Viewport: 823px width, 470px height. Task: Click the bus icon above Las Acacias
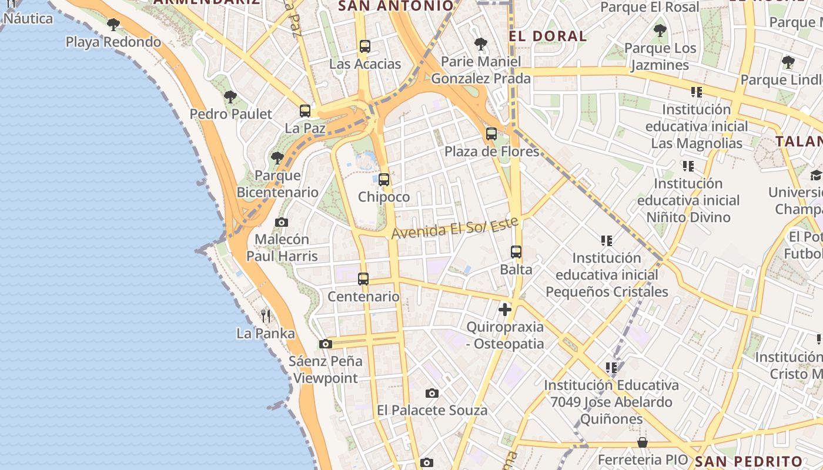365,46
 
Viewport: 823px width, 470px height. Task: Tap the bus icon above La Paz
305,110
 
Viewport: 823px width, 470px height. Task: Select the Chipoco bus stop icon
384,179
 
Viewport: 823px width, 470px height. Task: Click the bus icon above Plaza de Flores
491,134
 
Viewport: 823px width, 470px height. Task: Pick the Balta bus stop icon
516,252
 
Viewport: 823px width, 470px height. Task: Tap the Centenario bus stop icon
363,279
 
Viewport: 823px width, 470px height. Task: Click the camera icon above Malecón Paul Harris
282,222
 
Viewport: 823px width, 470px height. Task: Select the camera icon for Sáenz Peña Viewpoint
326,344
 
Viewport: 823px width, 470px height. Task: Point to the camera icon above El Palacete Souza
432,393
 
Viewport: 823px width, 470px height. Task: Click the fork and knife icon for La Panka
266,316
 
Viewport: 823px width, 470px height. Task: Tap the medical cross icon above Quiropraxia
505,309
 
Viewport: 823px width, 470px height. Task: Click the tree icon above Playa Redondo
113,25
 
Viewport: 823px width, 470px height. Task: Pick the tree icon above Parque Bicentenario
277,158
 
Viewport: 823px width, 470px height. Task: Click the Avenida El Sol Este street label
455,227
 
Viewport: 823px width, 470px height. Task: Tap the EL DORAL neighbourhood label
548,36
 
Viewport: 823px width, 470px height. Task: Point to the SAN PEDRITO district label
748,461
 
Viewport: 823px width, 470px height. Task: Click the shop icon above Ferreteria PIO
643,442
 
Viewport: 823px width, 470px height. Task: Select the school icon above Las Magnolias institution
697,92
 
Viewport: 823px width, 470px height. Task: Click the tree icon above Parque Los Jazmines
660,31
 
